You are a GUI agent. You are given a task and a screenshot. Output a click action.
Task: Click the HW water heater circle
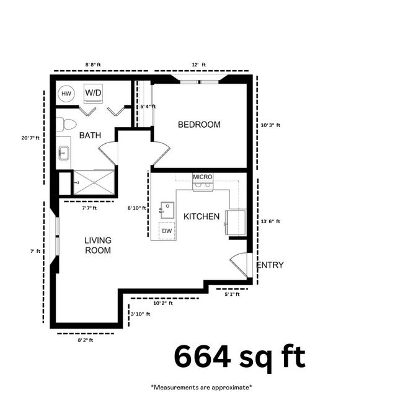coord(66,94)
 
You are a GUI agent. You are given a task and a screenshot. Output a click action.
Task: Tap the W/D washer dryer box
coord(94,93)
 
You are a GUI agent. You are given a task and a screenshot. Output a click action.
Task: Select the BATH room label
coord(90,135)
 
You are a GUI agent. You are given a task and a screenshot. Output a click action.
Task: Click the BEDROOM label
coord(199,125)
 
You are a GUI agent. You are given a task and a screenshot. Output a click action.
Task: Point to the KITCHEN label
coord(201,216)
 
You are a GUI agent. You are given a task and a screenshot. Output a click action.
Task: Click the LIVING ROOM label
coord(98,246)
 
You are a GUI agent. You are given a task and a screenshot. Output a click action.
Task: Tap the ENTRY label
coord(270,265)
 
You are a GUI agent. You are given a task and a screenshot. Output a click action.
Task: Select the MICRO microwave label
coord(203,177)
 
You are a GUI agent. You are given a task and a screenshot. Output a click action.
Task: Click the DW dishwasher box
coord(167,231)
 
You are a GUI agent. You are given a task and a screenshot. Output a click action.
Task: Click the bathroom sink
coord(64,152)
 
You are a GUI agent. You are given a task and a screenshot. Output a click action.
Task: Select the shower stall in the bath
coord(94,182)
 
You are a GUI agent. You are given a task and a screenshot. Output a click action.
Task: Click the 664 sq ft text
coord(239,357)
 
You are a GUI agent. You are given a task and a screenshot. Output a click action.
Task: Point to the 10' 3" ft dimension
coord(270,125)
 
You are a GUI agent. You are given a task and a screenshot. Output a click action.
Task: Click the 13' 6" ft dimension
coord(270,221)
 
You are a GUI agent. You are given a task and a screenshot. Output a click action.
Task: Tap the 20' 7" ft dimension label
coord(30,138)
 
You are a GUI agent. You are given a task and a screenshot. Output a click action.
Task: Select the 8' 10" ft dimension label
coord(136,208)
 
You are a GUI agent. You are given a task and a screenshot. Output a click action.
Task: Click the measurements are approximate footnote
coord(201,387)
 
